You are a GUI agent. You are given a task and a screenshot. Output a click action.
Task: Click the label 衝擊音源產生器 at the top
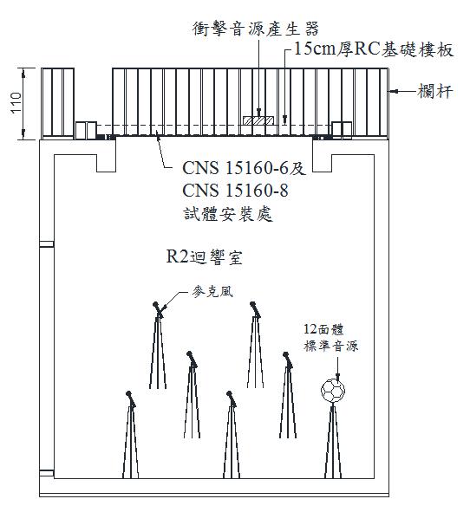(255, 29)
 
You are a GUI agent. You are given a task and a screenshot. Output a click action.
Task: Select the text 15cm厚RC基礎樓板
(374, 49)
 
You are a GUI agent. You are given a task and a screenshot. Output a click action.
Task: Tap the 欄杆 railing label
(435, 91)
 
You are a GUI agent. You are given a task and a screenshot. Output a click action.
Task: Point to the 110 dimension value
(16, 103)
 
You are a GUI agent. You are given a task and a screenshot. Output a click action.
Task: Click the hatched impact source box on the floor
(258, 120)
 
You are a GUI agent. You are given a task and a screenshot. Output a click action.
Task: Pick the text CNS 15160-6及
(244, 168)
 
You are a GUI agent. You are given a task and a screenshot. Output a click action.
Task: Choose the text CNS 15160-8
(235, 191)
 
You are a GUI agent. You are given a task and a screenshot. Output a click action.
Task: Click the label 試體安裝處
(228, 214)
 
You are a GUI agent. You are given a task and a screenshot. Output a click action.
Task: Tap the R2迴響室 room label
(205, 257)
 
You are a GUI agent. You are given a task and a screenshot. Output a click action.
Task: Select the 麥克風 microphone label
(212, 292)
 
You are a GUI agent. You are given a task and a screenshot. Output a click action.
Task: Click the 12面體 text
(323, 329)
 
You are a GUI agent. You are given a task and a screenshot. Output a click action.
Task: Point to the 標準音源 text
(330, 346)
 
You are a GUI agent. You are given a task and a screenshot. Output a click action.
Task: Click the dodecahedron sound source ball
(333, 390)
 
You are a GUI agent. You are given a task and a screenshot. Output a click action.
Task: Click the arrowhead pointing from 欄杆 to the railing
(394, 92)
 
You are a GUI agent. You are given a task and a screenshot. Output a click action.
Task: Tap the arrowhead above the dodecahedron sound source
(337, 377)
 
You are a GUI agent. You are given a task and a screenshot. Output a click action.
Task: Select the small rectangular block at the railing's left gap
(87, 130)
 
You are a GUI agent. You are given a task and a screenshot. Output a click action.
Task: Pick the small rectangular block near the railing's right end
(342, 130)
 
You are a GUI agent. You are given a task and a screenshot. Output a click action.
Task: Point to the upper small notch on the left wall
(47, 244)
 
